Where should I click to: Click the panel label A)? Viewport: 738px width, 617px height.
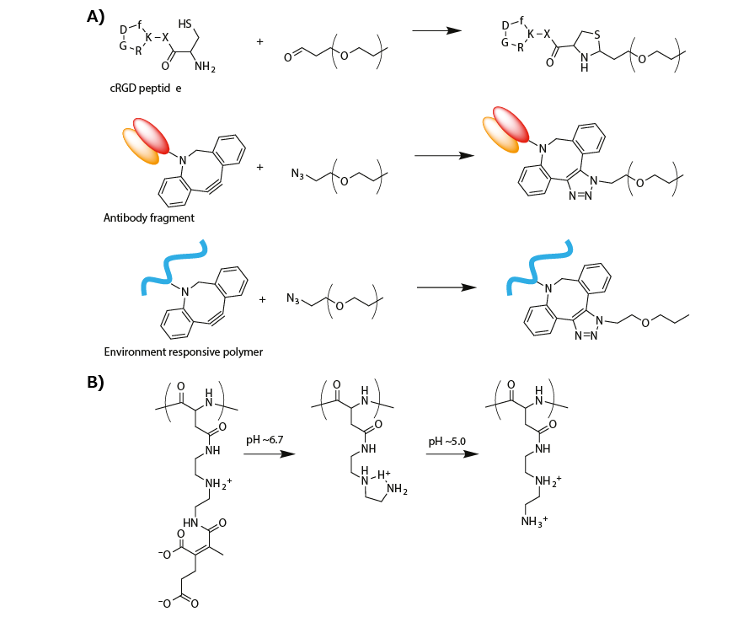98,16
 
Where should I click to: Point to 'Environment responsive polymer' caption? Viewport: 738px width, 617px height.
183,351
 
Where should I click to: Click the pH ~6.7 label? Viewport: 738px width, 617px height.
264,442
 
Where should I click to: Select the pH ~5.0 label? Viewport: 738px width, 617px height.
446,442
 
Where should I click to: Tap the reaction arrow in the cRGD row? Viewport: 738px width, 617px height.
436,30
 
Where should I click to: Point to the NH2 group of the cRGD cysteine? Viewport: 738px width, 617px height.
202,67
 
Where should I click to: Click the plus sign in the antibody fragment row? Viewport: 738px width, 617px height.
260,168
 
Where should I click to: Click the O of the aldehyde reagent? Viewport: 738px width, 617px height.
287,57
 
